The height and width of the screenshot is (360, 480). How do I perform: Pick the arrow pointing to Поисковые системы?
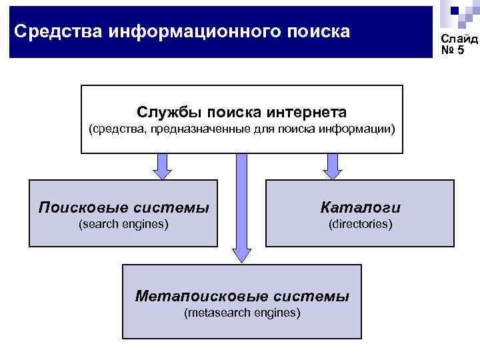tap(161, 166)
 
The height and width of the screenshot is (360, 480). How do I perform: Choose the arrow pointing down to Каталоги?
tap(331, 166)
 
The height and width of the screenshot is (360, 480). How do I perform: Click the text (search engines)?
tap(123, 225)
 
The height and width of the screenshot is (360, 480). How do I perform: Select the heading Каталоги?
tap(360, 207)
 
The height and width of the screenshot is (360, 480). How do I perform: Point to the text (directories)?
tap(360, 225)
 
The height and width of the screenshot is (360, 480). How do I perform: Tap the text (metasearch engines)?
tap(242, 312)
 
